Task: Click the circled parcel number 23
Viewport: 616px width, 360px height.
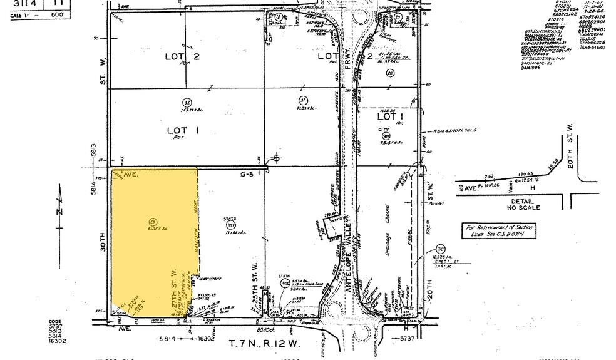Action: [153, 220]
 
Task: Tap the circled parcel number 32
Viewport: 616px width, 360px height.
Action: [187, 102]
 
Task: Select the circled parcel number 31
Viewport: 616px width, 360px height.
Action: [302, 100]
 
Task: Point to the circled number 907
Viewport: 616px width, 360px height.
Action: [230, 225]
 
